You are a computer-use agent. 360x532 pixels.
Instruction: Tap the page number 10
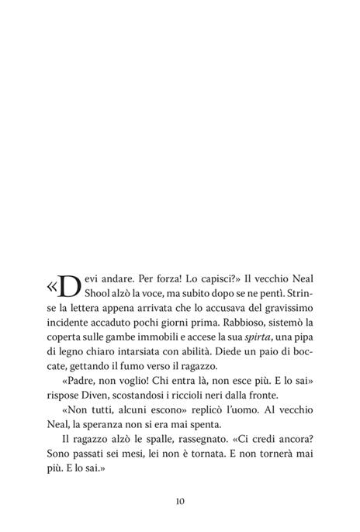(x=179, y=500)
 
